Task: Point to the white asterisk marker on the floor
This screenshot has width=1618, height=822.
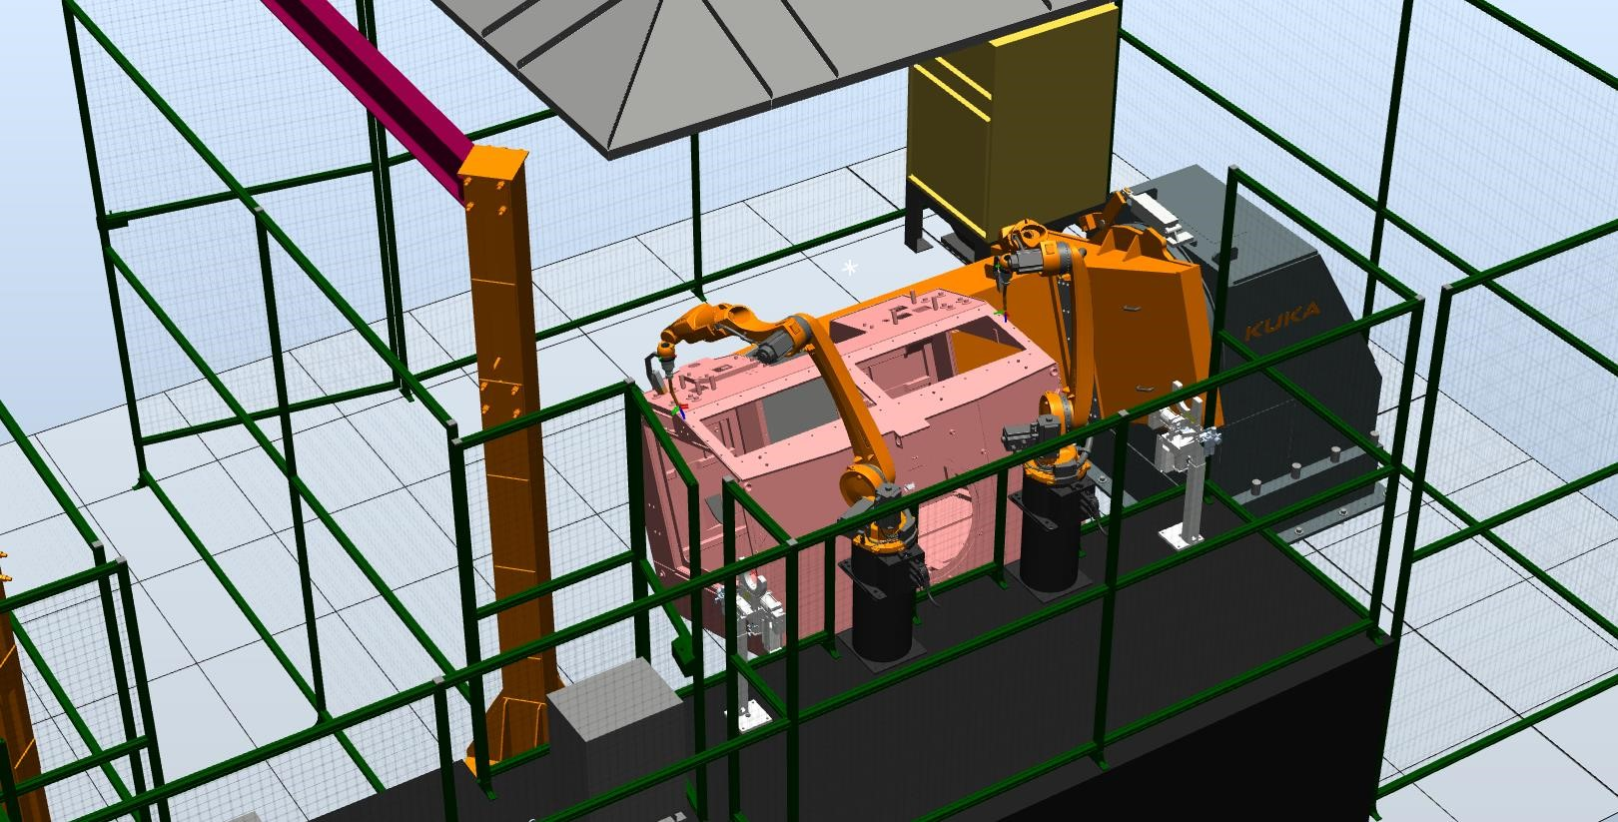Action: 850,268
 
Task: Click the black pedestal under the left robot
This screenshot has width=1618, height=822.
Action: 883,599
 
